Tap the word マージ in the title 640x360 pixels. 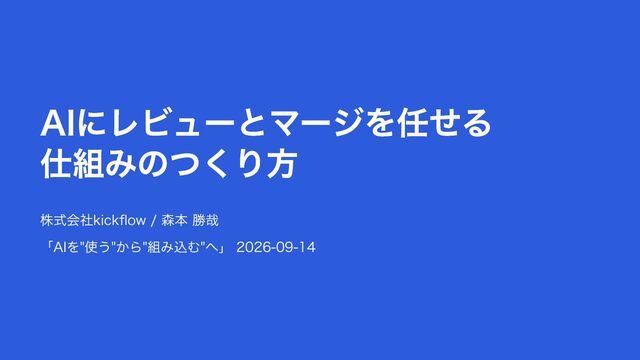[317, 123]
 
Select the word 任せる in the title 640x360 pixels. [444, 123]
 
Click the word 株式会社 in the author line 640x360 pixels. [67, 220]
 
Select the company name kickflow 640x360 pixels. [120, 220]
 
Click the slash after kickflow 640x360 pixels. [153, 221]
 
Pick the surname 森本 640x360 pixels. [174, 220]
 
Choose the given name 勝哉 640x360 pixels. [205, 220]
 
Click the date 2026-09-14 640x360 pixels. [276, 247]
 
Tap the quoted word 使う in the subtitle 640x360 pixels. [98, 247]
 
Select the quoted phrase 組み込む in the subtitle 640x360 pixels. [173, 247]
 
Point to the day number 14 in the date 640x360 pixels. [308, 247]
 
